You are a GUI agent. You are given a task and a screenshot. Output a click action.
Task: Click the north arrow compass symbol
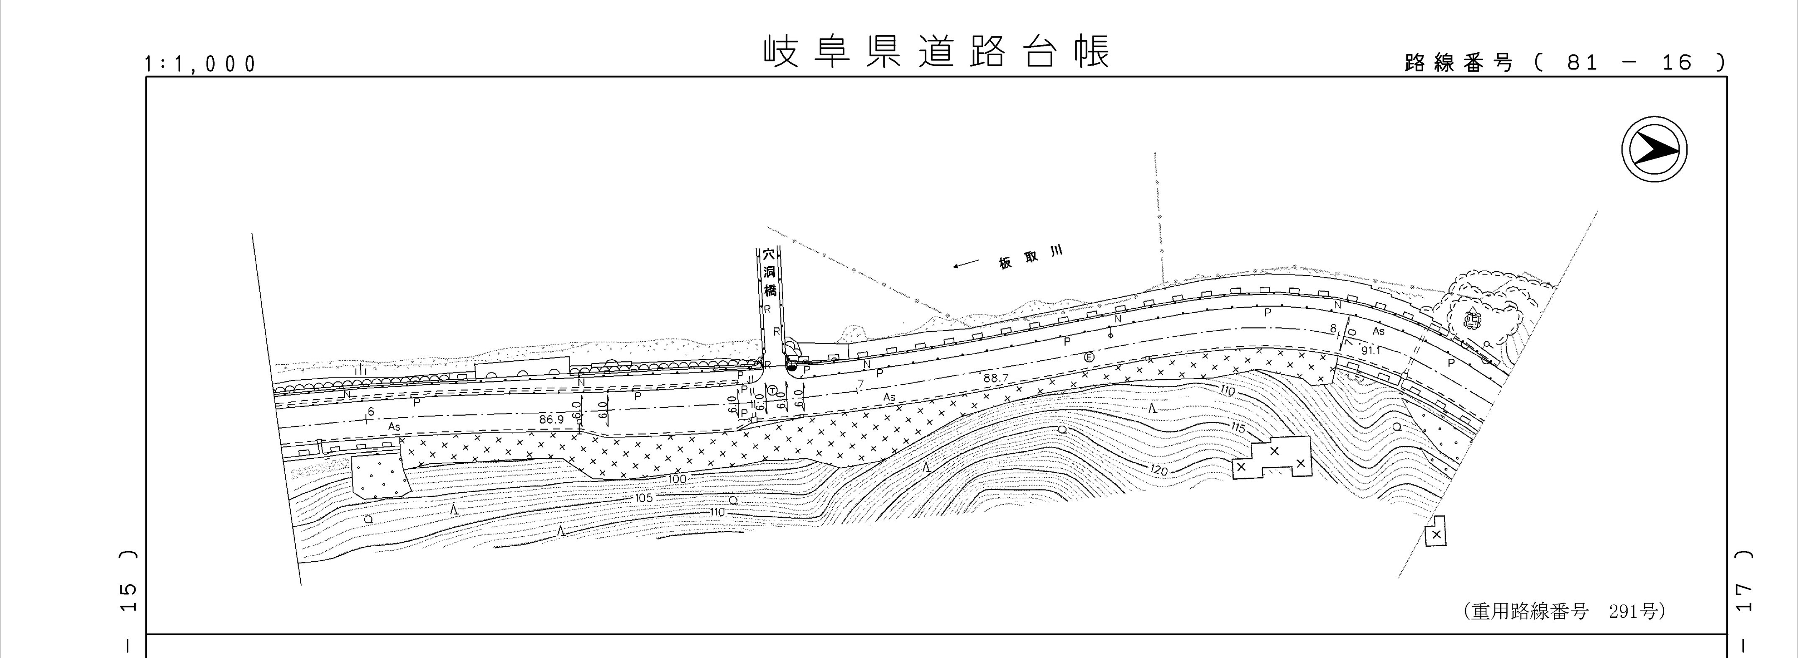coord(1654,150)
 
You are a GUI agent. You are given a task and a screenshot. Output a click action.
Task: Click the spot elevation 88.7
coord(996,378)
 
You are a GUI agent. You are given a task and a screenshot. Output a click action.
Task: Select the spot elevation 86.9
coord(551,419)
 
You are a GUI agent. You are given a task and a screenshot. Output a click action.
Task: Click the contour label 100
coord(677,479)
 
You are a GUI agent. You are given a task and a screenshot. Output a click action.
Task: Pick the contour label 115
coord(1238,427)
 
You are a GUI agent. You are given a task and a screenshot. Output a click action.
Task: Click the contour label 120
coord(1159,471)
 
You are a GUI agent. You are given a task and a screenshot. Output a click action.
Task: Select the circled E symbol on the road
coord(1088,357)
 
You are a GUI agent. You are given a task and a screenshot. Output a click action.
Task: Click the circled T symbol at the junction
coord(772,390)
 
